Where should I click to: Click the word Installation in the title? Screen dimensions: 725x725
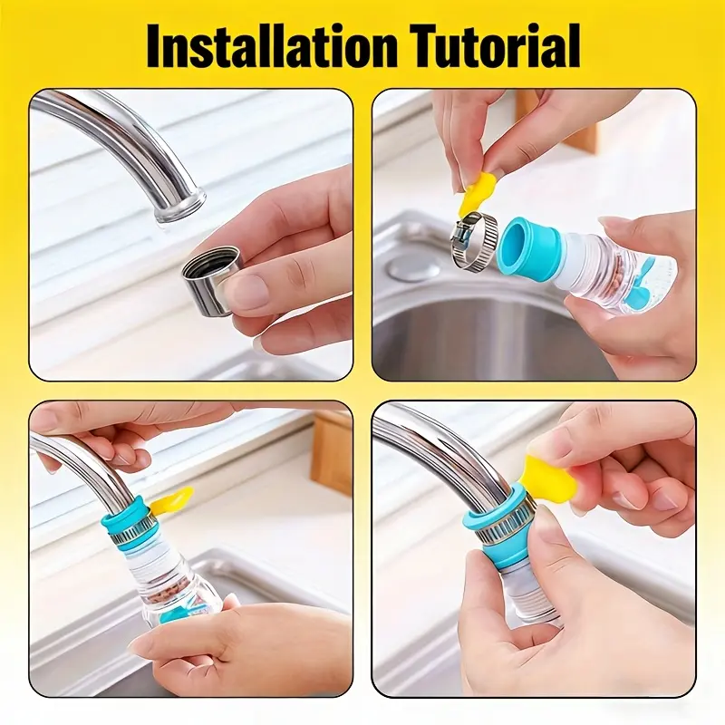(x=272, y=47)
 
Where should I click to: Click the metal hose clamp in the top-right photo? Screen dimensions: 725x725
(x=474, y=240)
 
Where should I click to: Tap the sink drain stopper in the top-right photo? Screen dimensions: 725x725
(x=414, y=267)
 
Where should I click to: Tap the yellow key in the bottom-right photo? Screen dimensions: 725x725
(x=552, y=478)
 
